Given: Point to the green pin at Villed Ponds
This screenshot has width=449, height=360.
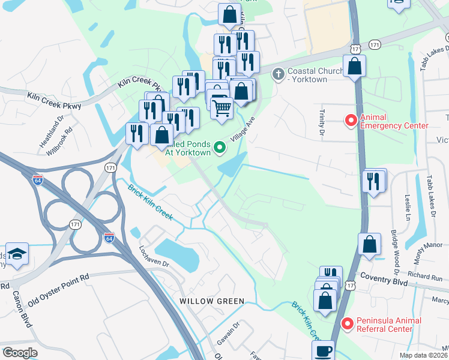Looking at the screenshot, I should click(x=220, y=146).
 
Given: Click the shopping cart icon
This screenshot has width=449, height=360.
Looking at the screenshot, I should click(x=222, y=108).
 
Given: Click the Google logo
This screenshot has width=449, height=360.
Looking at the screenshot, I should click(x=20, y=353).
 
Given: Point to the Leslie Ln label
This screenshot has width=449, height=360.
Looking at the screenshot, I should click(x=408, y=207).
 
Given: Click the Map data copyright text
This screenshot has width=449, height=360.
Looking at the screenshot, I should click(x=423, y=355).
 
